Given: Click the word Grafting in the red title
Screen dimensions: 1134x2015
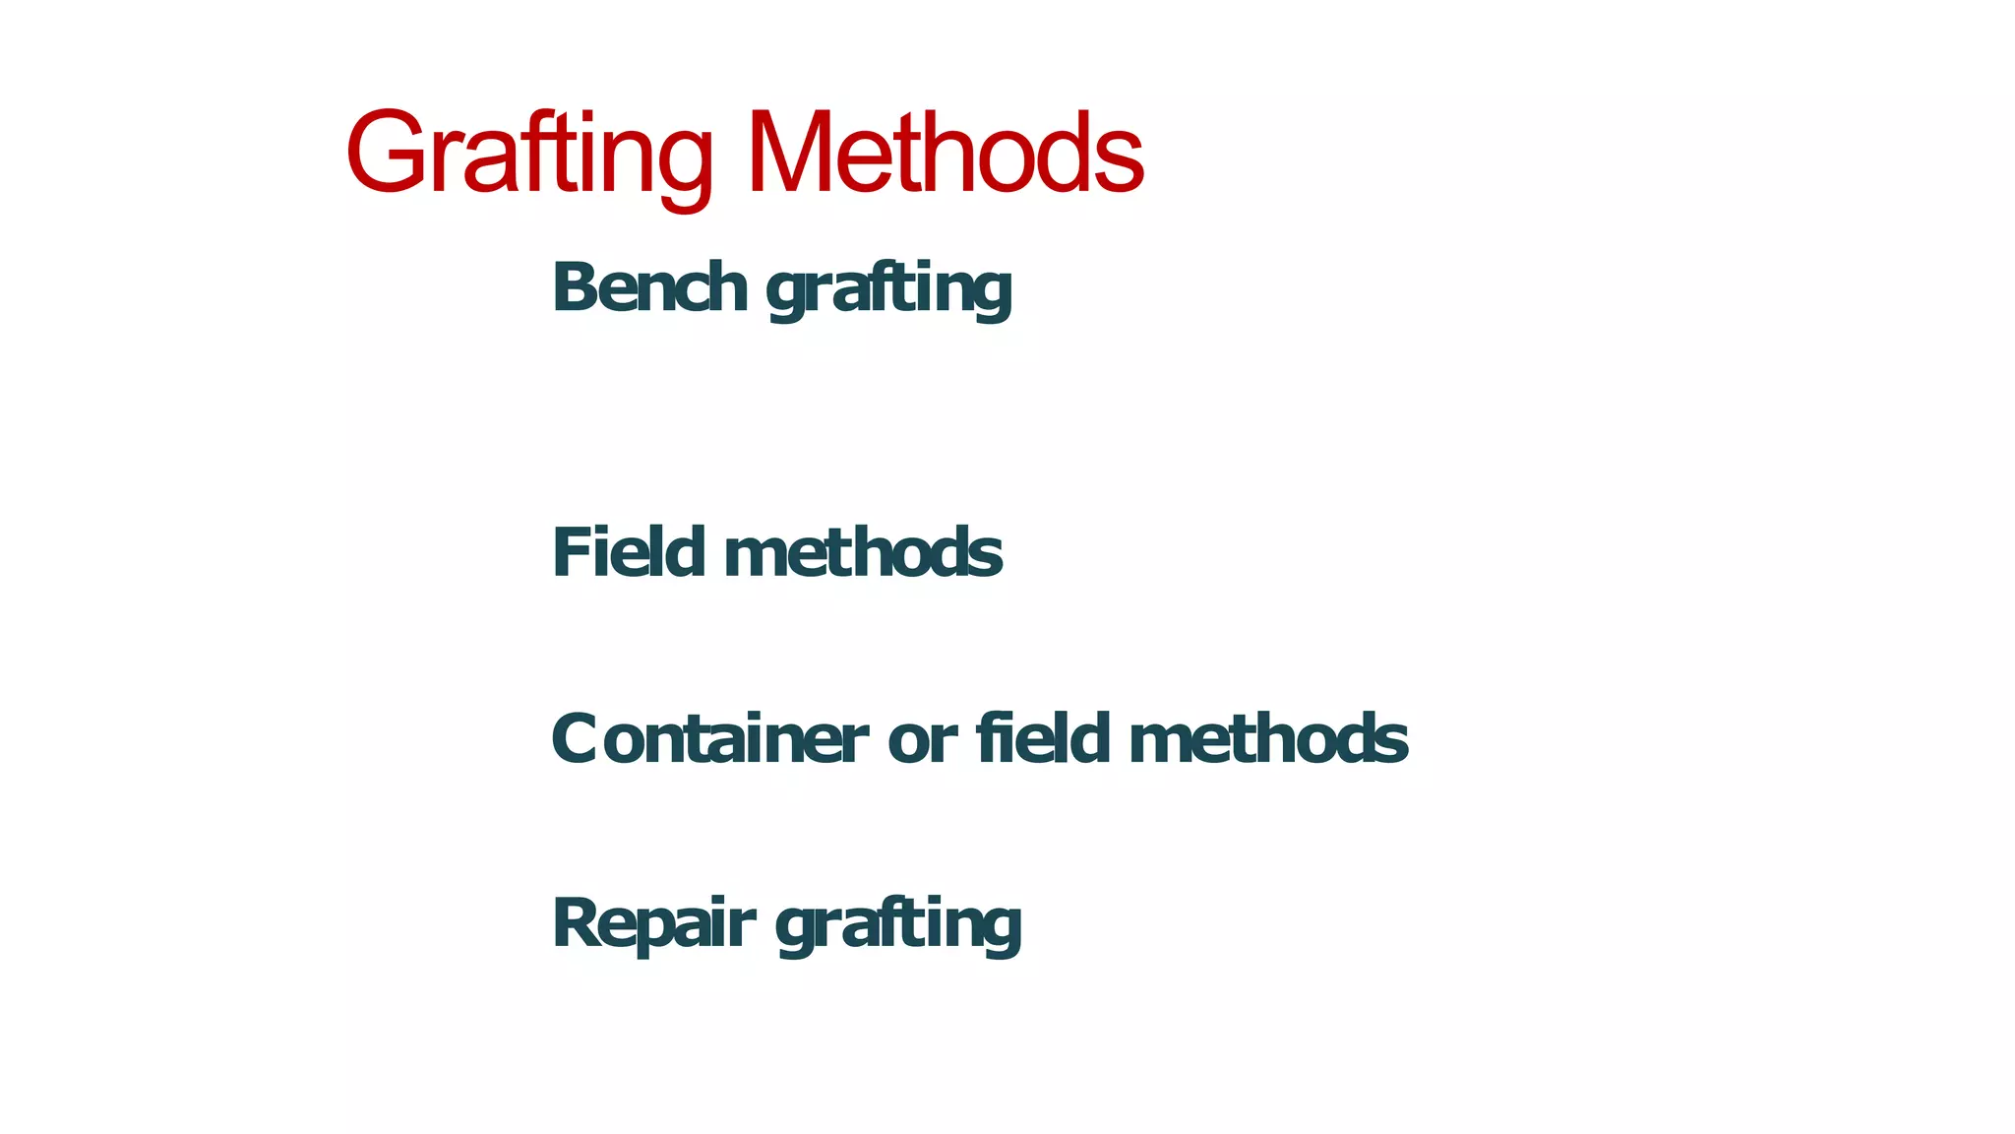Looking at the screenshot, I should coord(529,154).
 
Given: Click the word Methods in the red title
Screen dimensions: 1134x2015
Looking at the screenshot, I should coord(945,154).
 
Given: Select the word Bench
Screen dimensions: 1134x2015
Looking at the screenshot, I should coord(649,287).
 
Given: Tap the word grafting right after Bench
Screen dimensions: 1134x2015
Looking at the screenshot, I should coord(888,290).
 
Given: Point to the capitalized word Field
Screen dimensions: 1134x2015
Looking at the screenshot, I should coord(629,552).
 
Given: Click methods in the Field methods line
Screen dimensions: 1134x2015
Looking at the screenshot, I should coord(863,553).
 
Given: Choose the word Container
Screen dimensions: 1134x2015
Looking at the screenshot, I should coord(709,739).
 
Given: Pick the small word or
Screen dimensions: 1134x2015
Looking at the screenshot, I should coord(922,741).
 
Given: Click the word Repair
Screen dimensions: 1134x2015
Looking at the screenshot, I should coord(653,924).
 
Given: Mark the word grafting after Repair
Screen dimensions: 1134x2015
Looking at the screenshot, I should coord(898,926).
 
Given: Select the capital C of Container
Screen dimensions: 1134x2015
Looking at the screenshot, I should coord(575,739).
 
